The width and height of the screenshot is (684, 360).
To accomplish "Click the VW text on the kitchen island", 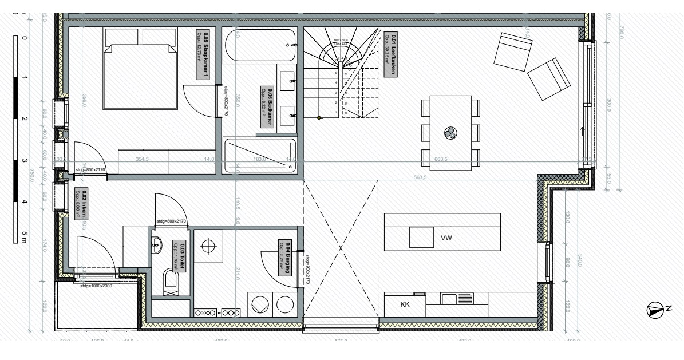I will coord(447,237).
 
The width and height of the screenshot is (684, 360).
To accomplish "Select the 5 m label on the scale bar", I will coord(23,236).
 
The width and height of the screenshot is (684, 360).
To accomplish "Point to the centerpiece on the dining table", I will coord(449,133).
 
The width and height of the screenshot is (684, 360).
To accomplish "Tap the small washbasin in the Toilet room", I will coord(157,244).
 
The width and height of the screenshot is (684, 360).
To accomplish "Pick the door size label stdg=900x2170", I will coord(307,270).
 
